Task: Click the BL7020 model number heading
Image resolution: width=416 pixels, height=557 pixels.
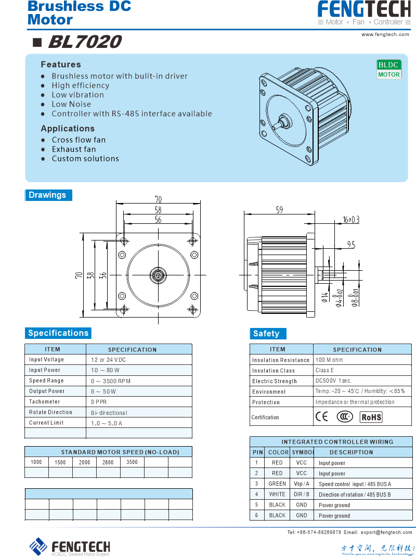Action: (x=85, y=42)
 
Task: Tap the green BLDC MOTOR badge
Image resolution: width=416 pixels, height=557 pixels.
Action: (x=389, y=69)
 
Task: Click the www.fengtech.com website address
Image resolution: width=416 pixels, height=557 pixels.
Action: (x=386, y=34)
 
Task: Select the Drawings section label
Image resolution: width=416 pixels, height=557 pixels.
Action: (x=48, y=195)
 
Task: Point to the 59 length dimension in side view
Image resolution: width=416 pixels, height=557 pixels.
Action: (x=279, y=210)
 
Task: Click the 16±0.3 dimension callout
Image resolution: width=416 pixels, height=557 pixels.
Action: (x=351, y=220)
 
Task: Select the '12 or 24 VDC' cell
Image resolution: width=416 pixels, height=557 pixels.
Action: (x=108, y=360)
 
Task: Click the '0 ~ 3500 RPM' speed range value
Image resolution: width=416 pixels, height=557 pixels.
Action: (x=111, y=381)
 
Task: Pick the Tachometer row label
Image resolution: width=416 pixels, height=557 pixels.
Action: (x=45, y=401)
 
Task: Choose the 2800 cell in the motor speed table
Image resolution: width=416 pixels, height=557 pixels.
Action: (x=108, y=462)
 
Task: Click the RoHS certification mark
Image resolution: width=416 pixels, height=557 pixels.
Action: (x=371, y=417)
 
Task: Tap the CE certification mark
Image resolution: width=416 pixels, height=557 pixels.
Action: (x=322, y=416)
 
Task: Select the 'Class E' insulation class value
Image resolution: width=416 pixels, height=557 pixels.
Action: (x=325, y=370)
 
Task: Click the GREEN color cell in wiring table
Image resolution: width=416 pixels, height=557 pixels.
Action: (x=277, y=484)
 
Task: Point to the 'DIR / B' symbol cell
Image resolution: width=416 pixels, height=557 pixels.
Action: (x=302, y=494)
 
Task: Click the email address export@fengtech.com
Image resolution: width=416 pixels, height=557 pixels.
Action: (x=386, y=532)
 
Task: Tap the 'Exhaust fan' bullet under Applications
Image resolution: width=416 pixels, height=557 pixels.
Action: (x=74, y=149)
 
